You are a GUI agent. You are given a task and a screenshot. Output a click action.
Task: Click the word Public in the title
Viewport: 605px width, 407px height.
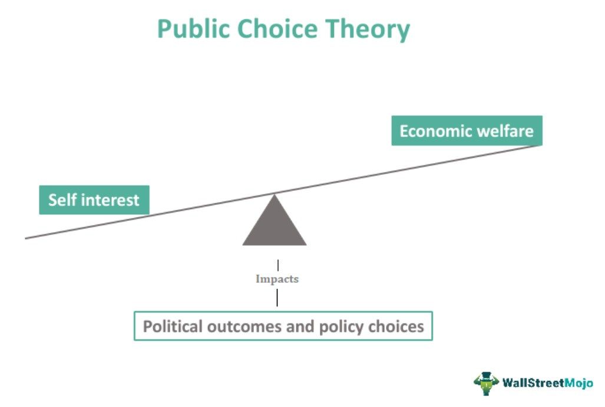click(x=194, y=29)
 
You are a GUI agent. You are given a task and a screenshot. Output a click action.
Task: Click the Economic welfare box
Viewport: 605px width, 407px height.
click(x=467, y=131)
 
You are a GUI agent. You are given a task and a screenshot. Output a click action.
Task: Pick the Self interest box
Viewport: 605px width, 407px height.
click(x=94, y=200)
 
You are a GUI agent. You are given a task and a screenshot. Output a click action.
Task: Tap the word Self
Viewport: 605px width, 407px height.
click(x=62, y=200)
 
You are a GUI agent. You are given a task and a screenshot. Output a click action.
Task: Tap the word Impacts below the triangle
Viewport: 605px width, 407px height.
click(x=277, y=279)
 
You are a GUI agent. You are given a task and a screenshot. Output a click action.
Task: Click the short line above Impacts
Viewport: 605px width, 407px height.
click(x=278, y=266)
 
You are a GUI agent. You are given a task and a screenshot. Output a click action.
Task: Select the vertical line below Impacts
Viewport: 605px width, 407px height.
click(x=277, y=297)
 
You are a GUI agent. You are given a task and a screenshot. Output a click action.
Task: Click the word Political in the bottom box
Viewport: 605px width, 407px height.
click(x=173, y=326)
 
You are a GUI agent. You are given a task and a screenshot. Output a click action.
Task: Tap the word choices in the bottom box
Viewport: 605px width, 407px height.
click(x=396, y=326)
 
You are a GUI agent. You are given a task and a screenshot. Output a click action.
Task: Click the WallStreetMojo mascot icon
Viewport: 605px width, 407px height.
click(x=486, y=383)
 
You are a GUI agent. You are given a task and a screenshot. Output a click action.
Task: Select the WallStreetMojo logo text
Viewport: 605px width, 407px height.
click(x=547, y=383)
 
